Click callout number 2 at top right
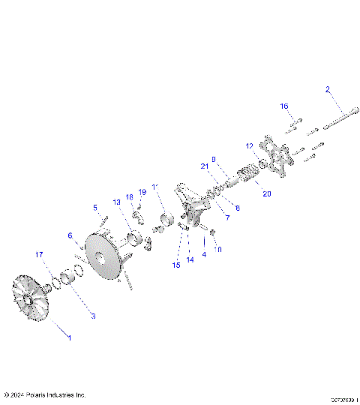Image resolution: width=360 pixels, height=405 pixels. (x=327, y=89)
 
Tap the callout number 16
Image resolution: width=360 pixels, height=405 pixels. (x=285, y=106)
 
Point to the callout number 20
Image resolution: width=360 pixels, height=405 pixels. (x=266, y=193)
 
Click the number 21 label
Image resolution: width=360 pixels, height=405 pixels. (x=203, y=166)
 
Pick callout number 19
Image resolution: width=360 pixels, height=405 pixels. (x=142, y=192)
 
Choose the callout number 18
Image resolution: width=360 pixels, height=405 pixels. (x=129, y=196)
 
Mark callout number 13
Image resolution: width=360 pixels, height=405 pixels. (x=116, y=202)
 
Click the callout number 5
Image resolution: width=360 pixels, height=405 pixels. (x=95, y=207)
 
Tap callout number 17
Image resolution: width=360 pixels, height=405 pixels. (x=39, y=255)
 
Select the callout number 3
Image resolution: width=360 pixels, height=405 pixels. (x=93, y=316)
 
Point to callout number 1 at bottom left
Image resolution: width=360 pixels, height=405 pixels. (x=70, y=338)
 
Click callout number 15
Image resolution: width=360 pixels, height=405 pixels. (x=176, y=265)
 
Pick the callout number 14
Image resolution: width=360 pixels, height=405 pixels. (x=190, y=259)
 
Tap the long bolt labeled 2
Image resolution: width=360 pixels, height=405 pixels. (x=346, y=117)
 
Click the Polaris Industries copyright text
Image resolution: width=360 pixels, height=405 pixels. (x=45, y=394)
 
